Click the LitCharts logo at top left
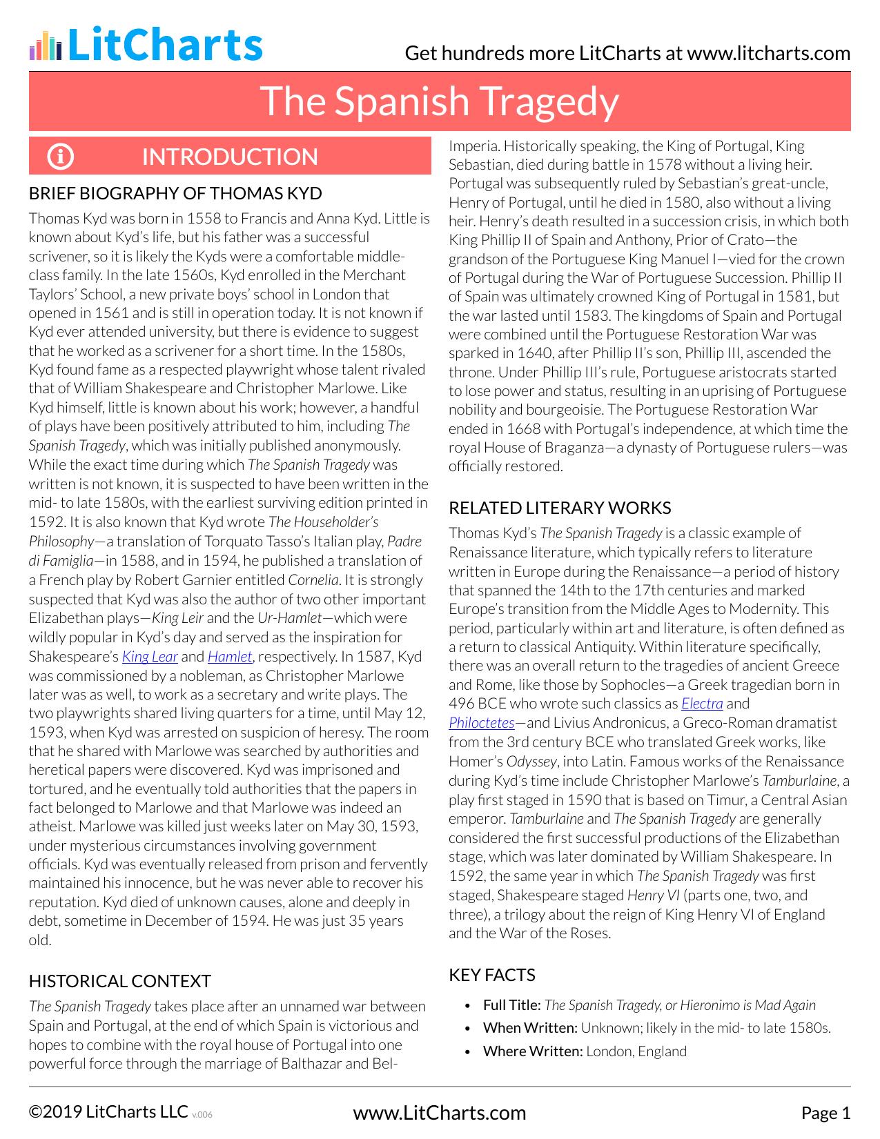(146, 46)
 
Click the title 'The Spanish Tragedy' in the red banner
(439, 101)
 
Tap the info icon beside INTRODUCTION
(60, 157)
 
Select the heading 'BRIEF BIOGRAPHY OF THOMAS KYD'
(175, 193)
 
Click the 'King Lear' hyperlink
(150, 657)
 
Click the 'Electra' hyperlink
(702, 704)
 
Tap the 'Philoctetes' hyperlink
(481, 723)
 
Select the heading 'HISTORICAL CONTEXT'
(120, 981)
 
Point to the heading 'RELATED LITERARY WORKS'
(560, 508)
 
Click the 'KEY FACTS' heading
(492, 975)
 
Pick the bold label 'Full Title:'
(512, 1005)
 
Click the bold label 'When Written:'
(530, 1028)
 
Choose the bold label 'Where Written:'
(533, 1051)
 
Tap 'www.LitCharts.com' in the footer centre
(440, 1113)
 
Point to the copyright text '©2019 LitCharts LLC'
(108, 1111)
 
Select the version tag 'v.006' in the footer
(202, 1114)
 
